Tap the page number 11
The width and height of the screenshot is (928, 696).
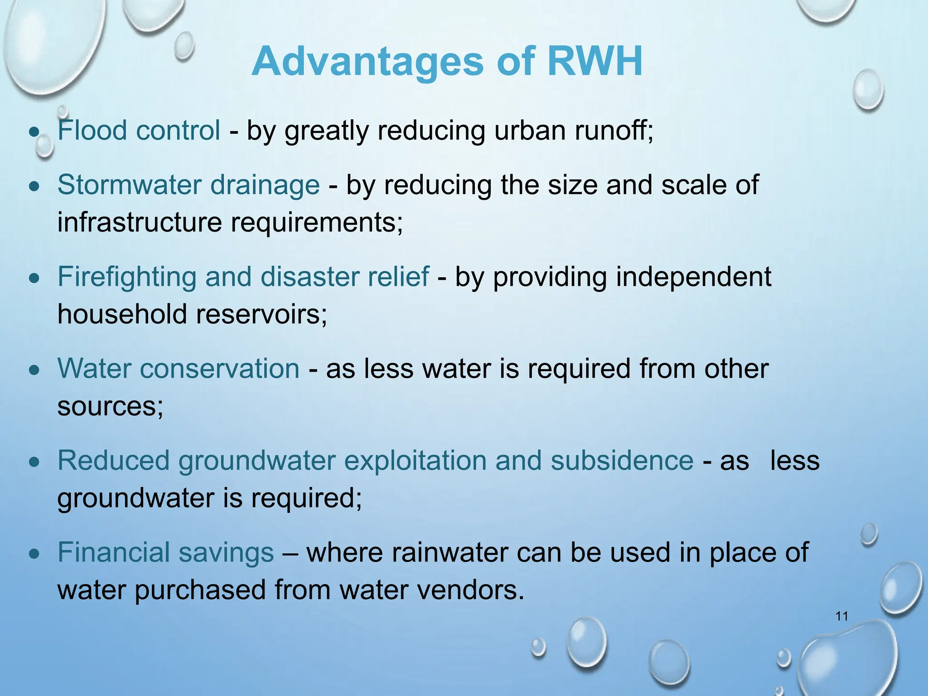[841, 616]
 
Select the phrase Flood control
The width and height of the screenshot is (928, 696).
[139, 130]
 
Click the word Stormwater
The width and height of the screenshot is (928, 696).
[129, 185]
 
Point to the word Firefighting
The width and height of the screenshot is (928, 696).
[127, 277]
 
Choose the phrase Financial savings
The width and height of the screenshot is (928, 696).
[165, 552]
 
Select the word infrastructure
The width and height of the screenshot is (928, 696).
[140, 222]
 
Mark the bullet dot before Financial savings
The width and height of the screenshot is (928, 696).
[34, 554]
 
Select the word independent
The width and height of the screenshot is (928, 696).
[693, 277]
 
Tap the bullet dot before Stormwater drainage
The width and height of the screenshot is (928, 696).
[34, 186]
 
